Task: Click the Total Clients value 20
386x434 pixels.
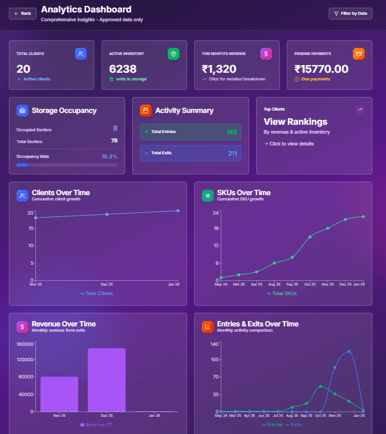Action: tap(24, 69)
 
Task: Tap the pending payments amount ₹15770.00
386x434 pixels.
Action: tap(321, 69)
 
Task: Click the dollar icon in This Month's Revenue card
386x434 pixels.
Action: tap(266, 54)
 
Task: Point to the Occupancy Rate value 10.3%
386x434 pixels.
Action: tap(109, 157)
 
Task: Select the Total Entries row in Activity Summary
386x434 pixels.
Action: tap(191, 132)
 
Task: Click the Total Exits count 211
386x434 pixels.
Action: tap(232, 153)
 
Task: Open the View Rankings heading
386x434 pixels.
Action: tap(295, 122)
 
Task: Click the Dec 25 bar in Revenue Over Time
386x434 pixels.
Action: tap(107, 380)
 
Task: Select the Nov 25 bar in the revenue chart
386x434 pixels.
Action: tap(59, 394)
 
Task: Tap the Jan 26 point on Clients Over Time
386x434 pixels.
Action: tap(178, 210)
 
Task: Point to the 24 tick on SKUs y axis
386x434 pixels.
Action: tap(216, 212)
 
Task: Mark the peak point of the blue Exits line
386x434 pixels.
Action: tap(349, 351)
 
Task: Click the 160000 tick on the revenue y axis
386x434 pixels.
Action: tap(25, 344)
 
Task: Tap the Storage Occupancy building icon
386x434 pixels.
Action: tap(22, 111)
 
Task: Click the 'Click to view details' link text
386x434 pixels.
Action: tap(291, 144)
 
